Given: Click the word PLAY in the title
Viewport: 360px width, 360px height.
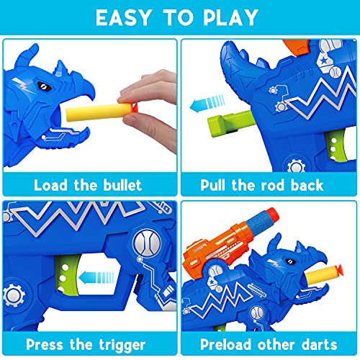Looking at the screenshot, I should [236, 17].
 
